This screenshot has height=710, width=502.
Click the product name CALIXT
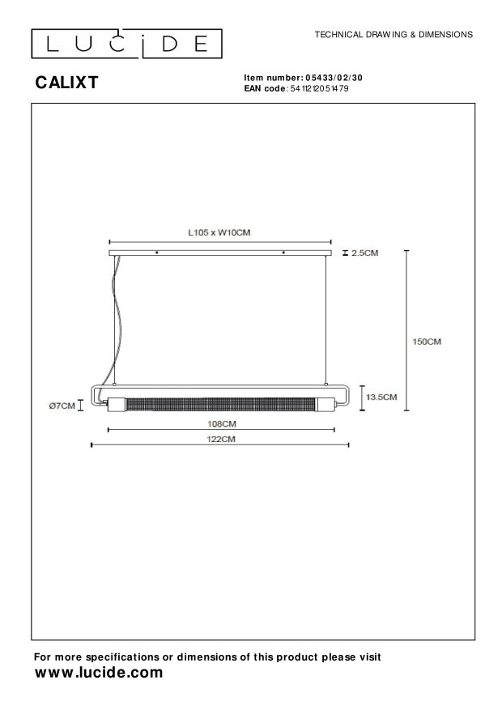coord(66,82)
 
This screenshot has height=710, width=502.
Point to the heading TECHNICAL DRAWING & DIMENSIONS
coord(393,35)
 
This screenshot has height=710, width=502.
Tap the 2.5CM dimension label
coord(365,253)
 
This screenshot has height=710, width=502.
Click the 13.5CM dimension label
coord(381,397)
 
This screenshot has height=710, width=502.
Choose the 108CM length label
coord(220,423)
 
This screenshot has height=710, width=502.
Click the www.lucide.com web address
coord(98,673)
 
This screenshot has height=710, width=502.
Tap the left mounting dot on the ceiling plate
coord(156,253)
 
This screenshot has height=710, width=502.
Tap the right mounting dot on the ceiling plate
coord(283,253)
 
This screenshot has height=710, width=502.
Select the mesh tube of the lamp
coord(220,402)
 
